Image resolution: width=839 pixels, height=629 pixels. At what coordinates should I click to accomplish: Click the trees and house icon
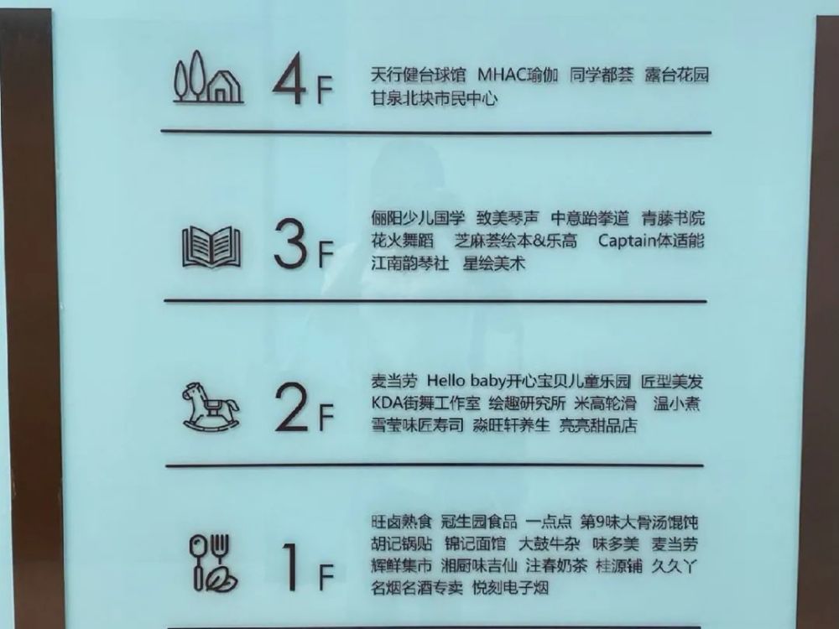[x=207, y=79]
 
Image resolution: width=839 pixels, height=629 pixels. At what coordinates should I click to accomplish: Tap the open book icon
[x=211, y=247]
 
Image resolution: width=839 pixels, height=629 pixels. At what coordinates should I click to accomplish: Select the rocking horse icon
[x=211, y=406]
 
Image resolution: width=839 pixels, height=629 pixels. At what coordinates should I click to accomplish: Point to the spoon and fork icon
[x=211, y=563]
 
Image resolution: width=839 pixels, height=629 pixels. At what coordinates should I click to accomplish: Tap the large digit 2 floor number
[x=292, y=408]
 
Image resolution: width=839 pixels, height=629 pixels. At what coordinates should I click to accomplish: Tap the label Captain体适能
[x=652, y=241]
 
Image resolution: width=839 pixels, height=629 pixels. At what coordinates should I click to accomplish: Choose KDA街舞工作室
[x=425, y=403]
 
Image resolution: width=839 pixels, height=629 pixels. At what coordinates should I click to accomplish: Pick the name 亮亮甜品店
[x=599, y=425]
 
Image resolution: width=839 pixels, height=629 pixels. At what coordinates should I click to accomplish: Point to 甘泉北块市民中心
[x=434, y=98]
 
